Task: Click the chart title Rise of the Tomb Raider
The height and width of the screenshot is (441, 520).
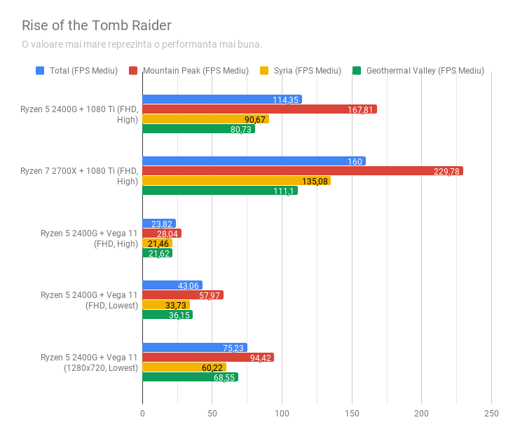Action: (97, 26)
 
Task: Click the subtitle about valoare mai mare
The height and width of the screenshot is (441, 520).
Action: (142, 44)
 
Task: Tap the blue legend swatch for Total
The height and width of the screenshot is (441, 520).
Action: (40, 71)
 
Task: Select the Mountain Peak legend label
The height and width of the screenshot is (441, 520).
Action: (196, 71)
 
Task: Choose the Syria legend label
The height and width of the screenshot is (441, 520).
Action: (308, 71)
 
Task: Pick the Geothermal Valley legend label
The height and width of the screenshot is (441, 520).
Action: (425, 71)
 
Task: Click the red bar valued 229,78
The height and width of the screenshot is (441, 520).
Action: (303, 171)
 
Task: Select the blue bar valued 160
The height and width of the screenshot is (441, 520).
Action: (254, 161)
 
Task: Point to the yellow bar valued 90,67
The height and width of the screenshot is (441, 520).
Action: (205, 119)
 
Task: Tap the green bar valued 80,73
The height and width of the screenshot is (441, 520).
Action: (198, 129)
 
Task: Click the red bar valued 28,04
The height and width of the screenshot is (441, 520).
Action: (162, 233)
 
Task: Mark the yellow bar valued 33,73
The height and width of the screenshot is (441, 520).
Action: (166, 305)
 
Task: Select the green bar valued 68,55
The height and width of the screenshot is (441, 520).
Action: (190, 377)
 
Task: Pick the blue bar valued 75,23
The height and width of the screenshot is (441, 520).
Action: (195, 348)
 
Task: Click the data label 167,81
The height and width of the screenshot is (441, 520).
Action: (361, 109)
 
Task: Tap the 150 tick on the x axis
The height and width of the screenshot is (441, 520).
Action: (352, 414)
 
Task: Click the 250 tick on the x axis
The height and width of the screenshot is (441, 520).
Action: (491, 414)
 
